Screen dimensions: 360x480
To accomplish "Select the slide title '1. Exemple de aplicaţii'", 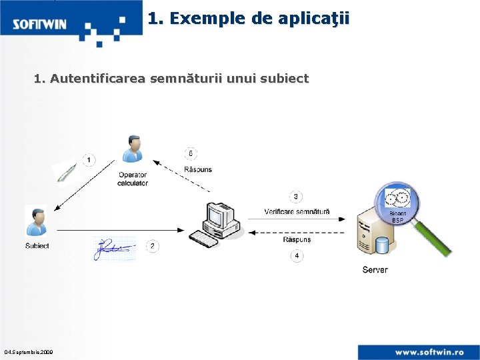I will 248,19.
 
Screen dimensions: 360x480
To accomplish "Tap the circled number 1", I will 89,160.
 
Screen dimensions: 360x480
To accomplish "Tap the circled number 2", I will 153,247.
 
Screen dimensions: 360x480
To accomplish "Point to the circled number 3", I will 296,197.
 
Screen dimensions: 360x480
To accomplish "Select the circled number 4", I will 297,255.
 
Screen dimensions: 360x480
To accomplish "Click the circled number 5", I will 191,153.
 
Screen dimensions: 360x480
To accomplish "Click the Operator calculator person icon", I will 133,150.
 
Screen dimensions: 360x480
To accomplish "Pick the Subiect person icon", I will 36,221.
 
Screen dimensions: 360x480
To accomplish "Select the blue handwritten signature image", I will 113,248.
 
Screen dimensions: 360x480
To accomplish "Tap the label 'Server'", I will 375,270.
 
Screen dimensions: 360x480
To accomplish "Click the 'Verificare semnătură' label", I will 297,212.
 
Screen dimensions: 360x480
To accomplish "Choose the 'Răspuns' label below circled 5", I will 197,169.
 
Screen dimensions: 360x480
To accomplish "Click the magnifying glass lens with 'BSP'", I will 397,203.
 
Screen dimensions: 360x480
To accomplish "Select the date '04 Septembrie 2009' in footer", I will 29,351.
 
